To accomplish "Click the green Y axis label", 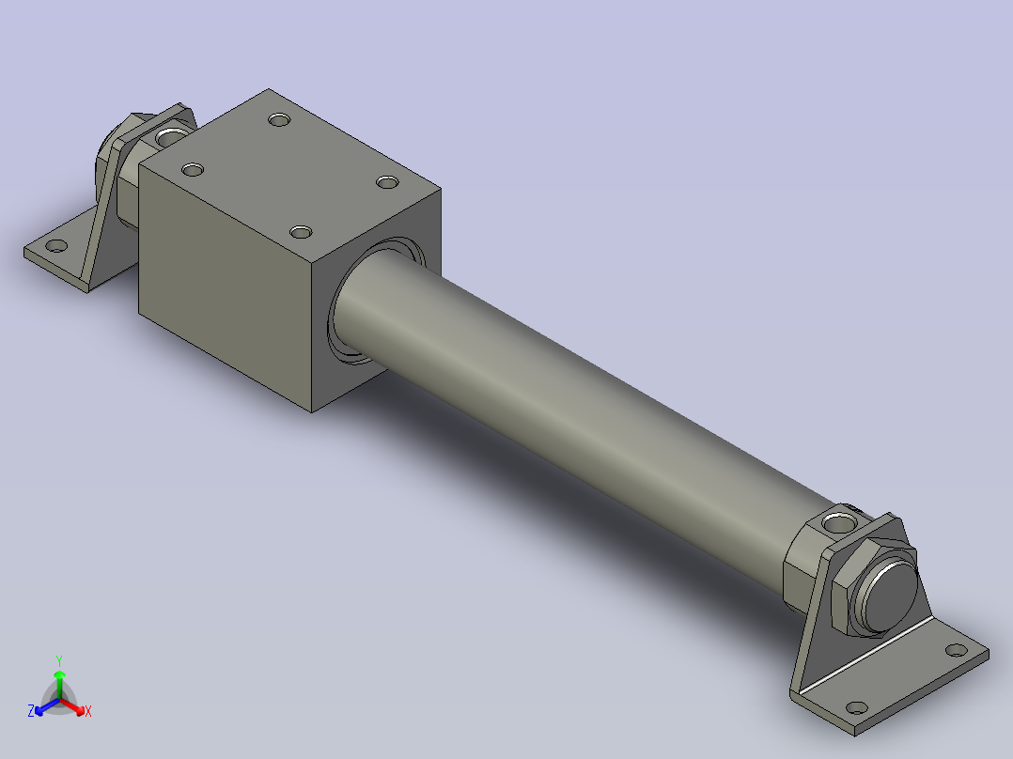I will point(59,659).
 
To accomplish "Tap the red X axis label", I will point(88,712).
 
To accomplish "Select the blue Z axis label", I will point(31,711).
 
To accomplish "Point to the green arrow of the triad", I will point(59,678).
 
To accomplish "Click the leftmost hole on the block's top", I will point(193,170).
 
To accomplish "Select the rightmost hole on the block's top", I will point(387,180).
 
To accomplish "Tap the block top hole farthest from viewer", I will point(278,119).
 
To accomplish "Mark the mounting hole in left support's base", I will point(56,246).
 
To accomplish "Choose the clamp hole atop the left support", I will point(170,137).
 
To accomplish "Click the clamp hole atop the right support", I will point(835,519).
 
